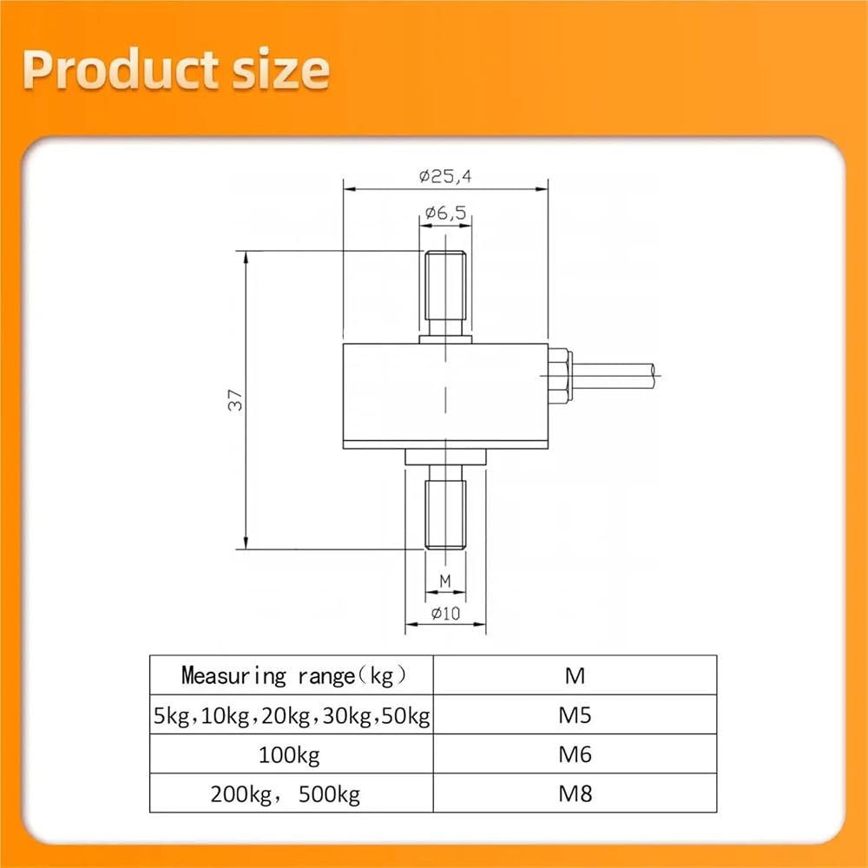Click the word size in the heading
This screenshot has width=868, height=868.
(x=280, y=70)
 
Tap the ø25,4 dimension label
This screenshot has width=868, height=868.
(x=445, y=176)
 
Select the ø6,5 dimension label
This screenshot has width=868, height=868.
(x=445, y=212)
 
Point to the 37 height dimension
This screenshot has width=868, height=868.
(x=235, y=400)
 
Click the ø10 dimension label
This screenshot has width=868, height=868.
(x=445, y=613)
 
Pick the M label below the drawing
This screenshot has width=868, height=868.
(x=445, y=581)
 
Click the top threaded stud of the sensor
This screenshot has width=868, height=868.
(x=445, y=293)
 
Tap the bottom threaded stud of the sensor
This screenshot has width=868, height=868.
(x=445, y=507)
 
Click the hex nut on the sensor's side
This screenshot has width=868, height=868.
(x=560, y=376)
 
